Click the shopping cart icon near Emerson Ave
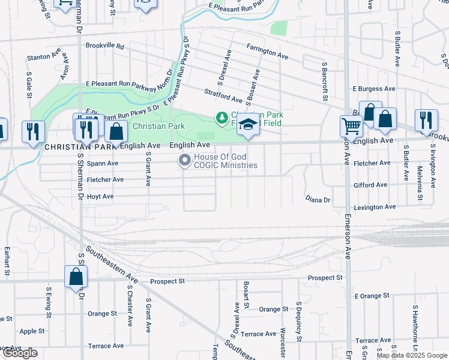351,126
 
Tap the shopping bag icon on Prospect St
76,276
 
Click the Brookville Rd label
104,46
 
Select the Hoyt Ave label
100,196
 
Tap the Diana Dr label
318,199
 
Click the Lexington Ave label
375,207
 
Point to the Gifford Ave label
370,185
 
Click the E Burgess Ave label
373,89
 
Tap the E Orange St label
372,296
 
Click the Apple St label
32,331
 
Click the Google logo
19,353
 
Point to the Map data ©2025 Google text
412,355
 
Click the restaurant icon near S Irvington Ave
424,120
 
